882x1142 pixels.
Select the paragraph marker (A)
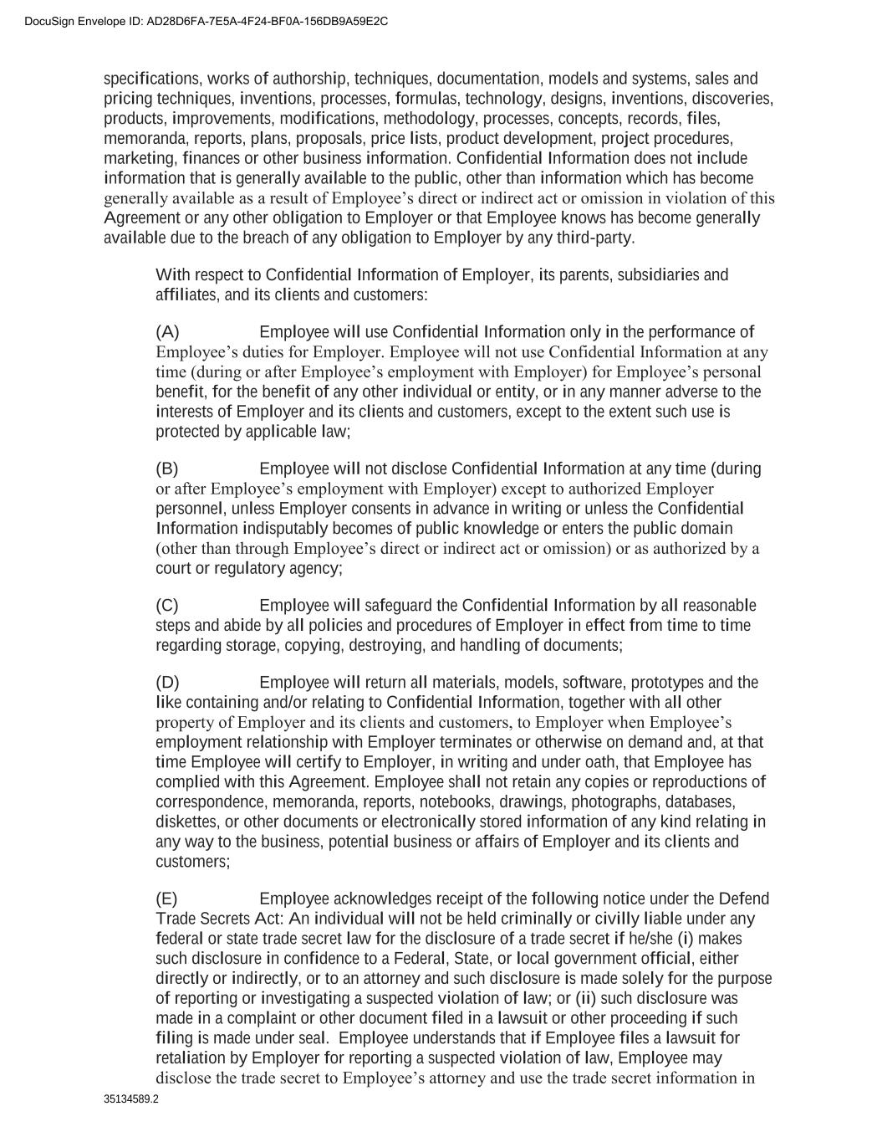point(167,332)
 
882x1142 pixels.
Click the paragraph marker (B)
point(167,469)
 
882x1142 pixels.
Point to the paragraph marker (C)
point(167,606)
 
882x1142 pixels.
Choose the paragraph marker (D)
point(167,683)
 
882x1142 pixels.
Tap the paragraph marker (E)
point(166,899)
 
